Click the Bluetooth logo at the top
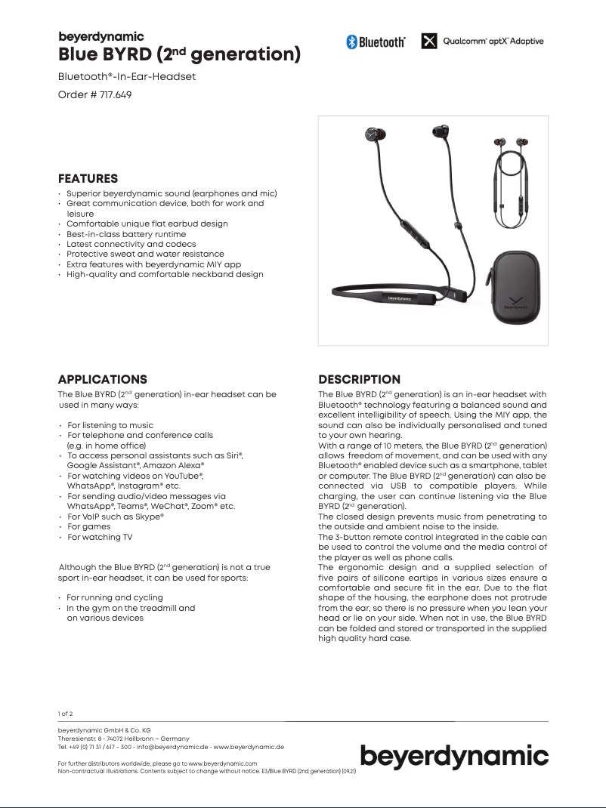click(x=376, y=42)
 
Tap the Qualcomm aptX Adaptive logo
click(x=482, y=42)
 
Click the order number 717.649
click(x=90, y=95)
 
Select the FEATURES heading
click(x=88, y=179)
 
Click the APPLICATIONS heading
click(x=103, y=379)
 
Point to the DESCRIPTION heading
click(x=360, y=379)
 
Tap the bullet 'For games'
click(x=88, y=526)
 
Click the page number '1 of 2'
click(x=66, y=713)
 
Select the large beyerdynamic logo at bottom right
click(x=454, y=756)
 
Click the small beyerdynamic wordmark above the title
click(x=101, y=36)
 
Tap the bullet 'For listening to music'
click(x=110, y=425)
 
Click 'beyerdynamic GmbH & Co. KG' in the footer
click(x=104, y=730)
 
